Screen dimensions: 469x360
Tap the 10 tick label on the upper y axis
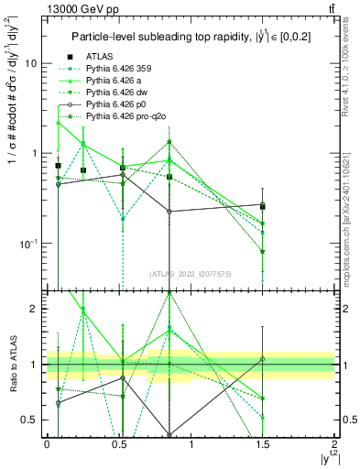[x=30, y=64]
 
